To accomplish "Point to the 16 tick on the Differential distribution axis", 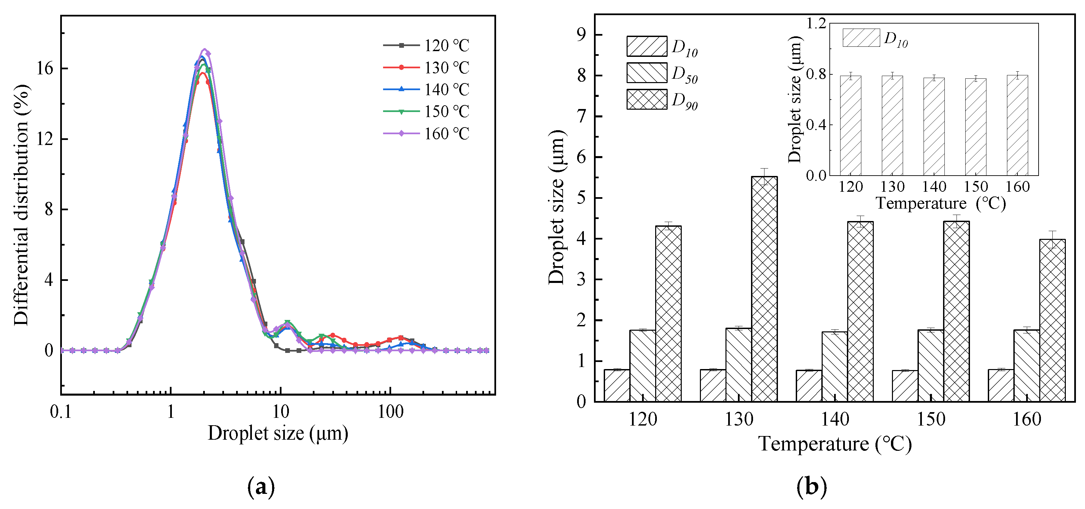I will pyautogui.click(x=45, y=69).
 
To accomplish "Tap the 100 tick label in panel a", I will pyautogui.click(x=390, y=412).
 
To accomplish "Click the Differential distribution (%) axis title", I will pyautogui.click(x=21, y=205).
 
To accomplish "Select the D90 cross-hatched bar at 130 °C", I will pyautogui.click(x=764, y=289).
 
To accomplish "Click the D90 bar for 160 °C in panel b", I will pyautogui.click(x=1052, y=320).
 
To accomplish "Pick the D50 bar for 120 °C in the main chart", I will pyautogui.click(x=643, y=365).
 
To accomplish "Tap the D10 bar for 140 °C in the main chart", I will pyautogui.click(x=809, y=386).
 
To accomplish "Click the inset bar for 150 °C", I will pyautogui.click(x=975, y=127).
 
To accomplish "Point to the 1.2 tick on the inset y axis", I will pyautogui.click(x=816, y=24).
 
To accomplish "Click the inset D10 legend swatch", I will pyautogui.click(x=861, y=37).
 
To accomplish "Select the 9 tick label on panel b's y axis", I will pyautogui.click(x=582, y=35).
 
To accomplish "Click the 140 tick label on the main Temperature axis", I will pyautogui.click(x=835, y=420).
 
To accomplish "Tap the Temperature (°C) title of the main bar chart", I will pyautogui.click(x=835, y=444).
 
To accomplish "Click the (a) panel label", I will pyautogui.click(x=261, y=487).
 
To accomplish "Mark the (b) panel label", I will pyautogui.click(x=812, y=487).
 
